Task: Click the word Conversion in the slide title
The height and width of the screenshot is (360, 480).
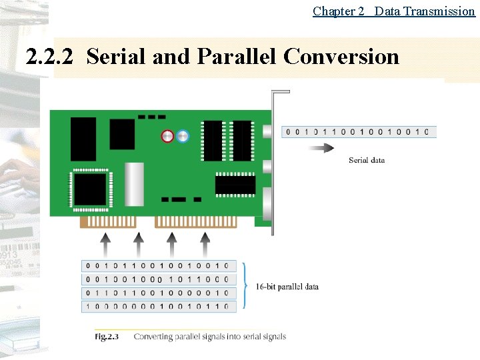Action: pos(341,57)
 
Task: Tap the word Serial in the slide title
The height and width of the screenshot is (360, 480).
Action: pos(116,57)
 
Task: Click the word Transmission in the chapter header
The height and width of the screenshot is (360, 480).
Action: pos(437,11)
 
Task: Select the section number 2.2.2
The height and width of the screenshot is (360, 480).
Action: pos(51,57)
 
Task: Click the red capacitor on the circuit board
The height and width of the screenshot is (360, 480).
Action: pos(167,136)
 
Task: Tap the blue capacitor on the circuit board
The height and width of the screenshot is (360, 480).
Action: pos(183,136)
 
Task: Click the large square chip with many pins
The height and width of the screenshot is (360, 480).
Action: pos(91,189)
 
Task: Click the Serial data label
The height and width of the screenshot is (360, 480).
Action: pos(367,160)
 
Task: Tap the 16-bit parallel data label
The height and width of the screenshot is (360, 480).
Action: pos(287,287)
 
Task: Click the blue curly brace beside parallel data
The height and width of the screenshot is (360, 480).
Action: pos(245,285)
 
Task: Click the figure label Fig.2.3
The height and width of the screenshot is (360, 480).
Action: pos(106,336)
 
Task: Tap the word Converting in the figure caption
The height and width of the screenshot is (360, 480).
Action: pos(154,336)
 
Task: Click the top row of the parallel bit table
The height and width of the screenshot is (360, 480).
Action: pos(158,266)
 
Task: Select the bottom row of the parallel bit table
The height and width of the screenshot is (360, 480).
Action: pos(158,307)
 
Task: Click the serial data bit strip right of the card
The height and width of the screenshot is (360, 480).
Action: pos(359,131)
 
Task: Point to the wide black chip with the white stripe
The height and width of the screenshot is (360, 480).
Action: pos(235,184)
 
